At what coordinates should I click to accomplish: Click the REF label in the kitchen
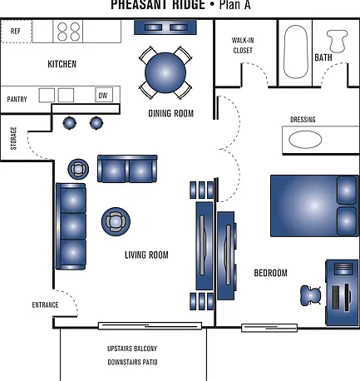point(16,31)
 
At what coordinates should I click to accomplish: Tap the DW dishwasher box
point(104,95)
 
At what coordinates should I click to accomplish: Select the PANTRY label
point(17,99)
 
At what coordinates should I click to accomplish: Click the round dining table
point(165,72)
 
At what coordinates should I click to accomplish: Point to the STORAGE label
point(13,138)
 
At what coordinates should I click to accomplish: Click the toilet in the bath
point(337,41)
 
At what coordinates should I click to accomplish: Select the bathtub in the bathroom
point(296,52)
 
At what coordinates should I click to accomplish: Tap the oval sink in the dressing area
point(305,140)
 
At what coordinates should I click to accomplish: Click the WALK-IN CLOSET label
point(243,45)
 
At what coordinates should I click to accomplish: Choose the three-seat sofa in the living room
point(71,226)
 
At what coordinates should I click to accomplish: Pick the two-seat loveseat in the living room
point(127,169)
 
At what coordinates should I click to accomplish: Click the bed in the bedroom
point(314,205)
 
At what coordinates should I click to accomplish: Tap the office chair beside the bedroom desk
point(311,295)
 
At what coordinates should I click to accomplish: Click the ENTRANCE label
point(45,305)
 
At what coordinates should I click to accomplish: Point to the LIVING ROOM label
point(146,255)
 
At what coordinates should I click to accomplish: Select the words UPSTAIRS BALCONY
point(132,349)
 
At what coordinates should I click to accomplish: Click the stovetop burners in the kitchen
point(69,32)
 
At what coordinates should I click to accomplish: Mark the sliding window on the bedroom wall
point(269,328)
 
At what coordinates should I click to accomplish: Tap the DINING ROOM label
point(171,113)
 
